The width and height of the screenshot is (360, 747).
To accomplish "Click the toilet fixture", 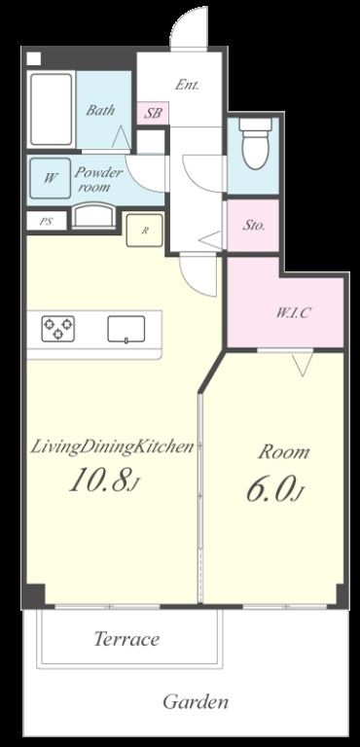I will pos(255,144).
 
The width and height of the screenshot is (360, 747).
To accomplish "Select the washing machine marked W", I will pos(50,178).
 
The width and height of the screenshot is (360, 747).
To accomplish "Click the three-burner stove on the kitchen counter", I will pos(57,328).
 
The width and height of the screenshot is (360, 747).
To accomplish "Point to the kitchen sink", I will pos(126,329).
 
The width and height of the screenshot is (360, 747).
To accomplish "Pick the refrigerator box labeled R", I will pos(144,230).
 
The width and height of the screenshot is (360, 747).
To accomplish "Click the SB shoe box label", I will pos(153,113).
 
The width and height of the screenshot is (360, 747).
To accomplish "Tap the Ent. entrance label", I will pos(187,85).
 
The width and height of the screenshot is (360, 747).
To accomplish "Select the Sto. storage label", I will pos(254,227).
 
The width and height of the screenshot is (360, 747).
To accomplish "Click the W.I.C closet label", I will pos(293,313).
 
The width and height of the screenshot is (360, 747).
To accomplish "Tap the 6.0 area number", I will pos(275,488).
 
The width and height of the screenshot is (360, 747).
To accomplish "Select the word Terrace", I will pos(126,639).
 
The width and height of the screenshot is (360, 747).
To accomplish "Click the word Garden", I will pos(195,700).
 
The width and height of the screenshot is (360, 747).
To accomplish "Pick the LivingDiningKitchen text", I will pos(112,447).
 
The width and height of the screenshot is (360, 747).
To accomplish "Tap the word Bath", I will pos(99,110).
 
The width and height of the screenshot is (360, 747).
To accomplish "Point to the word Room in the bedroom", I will pos(284,451).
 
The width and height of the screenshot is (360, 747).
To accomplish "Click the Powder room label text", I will pos(100,179).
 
